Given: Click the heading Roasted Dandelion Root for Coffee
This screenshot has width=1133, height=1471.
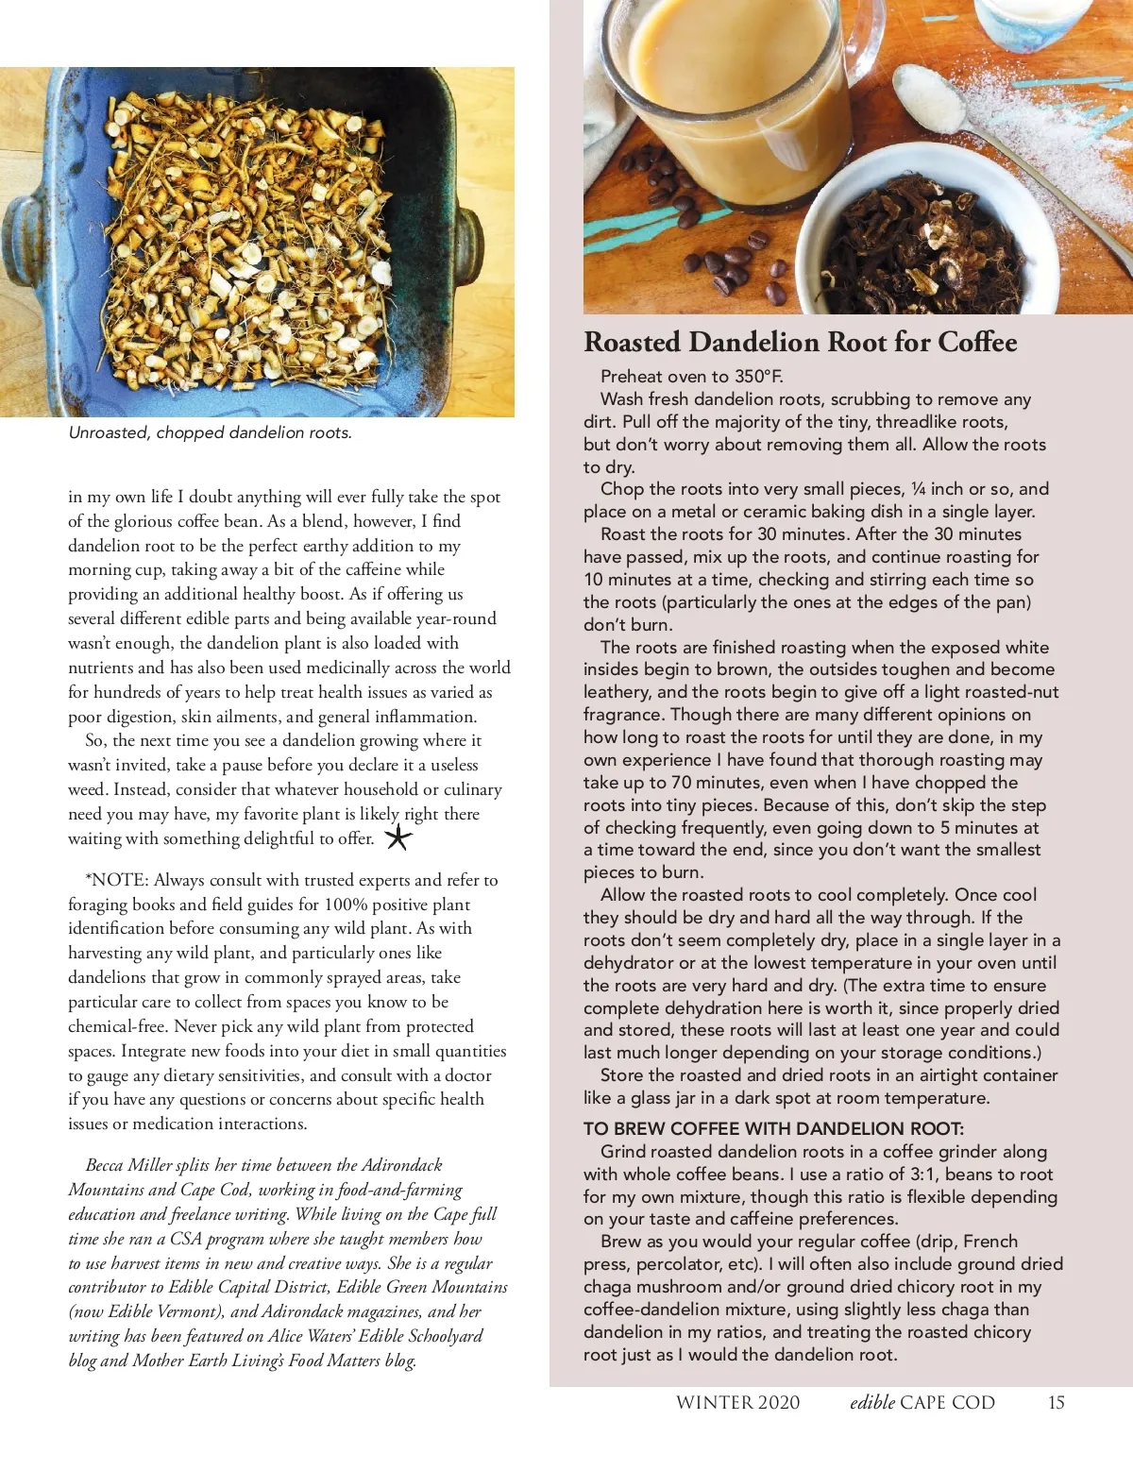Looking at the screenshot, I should (x=800, y=342).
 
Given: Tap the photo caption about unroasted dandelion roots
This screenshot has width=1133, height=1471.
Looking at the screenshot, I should (x=210, y=433).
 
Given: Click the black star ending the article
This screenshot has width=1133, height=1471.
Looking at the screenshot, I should (x=398, y=837).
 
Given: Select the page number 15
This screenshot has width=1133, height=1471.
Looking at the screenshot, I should (x=1056, y=1402).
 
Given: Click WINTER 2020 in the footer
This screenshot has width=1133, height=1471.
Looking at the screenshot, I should (x=737, y=1402).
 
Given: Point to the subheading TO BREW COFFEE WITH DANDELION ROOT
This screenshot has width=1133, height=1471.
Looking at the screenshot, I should (x=772, y=1128).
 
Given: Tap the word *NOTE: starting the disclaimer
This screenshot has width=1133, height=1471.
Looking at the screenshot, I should (x=117, y=880).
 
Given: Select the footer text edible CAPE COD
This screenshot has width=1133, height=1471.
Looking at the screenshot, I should (x=922, y=1402).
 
